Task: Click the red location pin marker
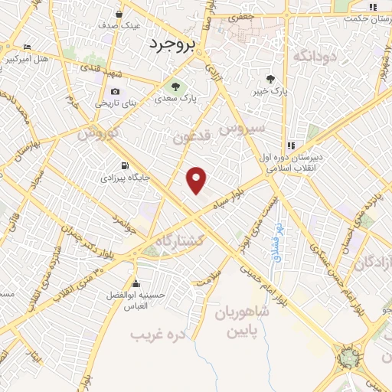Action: pyautogui.click(x=198, y=180)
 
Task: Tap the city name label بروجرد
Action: pyautogui.click(x=173, y=44)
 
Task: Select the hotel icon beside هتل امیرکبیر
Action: pyautogui.click(x=28, y=47)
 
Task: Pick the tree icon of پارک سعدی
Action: pyautogui.click(x=176, y=86)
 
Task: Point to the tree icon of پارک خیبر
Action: pyautogui.click(x=269, y=78)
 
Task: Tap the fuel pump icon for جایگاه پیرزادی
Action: pyautogui.click(x=124, y=165)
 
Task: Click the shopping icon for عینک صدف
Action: pyautogui.click(x=119, y=13)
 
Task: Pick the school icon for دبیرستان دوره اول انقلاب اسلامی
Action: pyautogui.click(x=291, y=145)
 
